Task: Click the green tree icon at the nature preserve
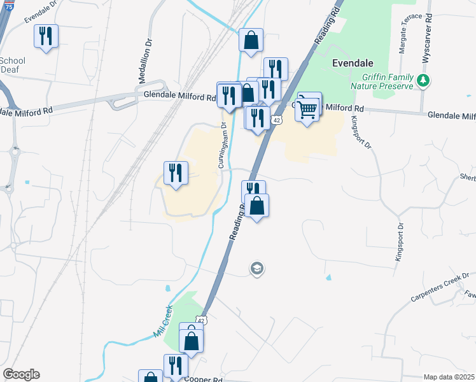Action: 422,81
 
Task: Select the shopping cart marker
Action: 308,110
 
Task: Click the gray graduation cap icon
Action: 256,269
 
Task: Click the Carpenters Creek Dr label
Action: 439,287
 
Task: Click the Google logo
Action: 21,374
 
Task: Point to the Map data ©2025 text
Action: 449,377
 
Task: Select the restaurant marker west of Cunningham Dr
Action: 176,173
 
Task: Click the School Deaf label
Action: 13,64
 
